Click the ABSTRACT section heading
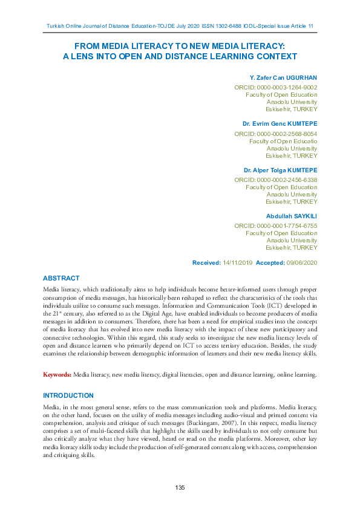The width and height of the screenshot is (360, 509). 61,278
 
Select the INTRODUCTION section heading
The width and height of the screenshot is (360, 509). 68,395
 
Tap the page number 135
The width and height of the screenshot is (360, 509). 180,488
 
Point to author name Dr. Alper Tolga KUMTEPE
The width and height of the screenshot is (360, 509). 280,170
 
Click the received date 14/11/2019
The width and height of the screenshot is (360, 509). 235,263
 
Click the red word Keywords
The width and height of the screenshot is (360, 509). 57,375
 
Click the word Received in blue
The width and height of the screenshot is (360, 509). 206,263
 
